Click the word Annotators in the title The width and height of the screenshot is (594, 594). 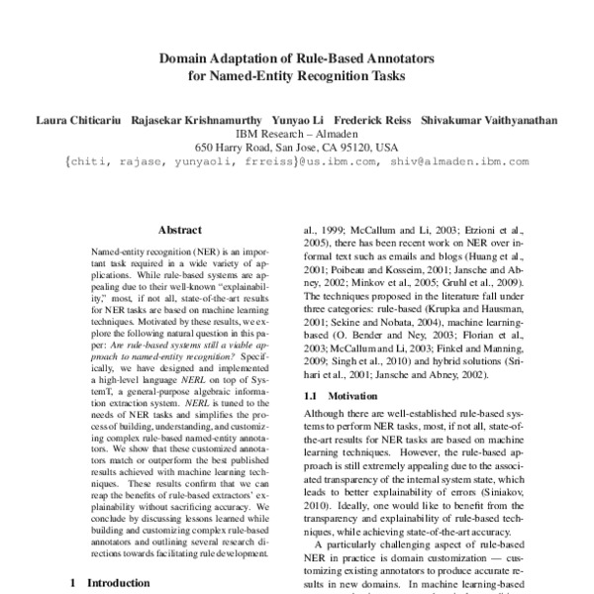[x=403, y=58]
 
